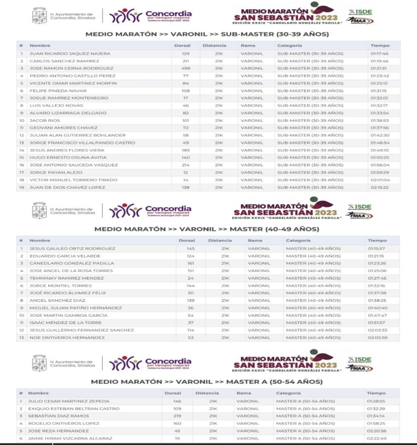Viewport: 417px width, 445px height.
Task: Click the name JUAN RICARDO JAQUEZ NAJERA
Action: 70,53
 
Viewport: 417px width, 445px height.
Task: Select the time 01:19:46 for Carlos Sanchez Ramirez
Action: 379,61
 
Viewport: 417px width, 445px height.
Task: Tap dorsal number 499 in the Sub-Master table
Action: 185,68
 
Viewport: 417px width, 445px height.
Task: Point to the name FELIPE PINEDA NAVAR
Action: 58,91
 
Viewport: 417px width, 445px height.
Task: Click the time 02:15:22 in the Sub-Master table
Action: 379,187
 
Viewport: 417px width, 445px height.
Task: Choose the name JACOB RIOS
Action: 44,121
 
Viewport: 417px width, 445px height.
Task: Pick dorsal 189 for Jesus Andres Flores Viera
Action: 185,150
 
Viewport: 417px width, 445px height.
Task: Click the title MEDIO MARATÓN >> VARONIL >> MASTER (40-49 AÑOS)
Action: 207,229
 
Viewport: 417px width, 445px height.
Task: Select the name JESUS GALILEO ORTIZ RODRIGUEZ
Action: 72,248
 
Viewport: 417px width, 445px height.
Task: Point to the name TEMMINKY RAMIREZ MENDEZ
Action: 66,278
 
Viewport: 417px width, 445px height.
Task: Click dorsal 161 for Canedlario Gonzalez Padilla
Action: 191,263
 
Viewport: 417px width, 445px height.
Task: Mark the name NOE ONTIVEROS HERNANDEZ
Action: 67,337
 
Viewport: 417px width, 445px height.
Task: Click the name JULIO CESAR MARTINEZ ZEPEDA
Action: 68,401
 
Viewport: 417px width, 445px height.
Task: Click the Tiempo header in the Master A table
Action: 376,393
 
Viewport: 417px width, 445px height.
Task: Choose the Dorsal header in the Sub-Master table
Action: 183,46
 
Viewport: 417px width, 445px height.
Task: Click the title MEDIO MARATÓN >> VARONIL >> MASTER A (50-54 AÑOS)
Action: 207,381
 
